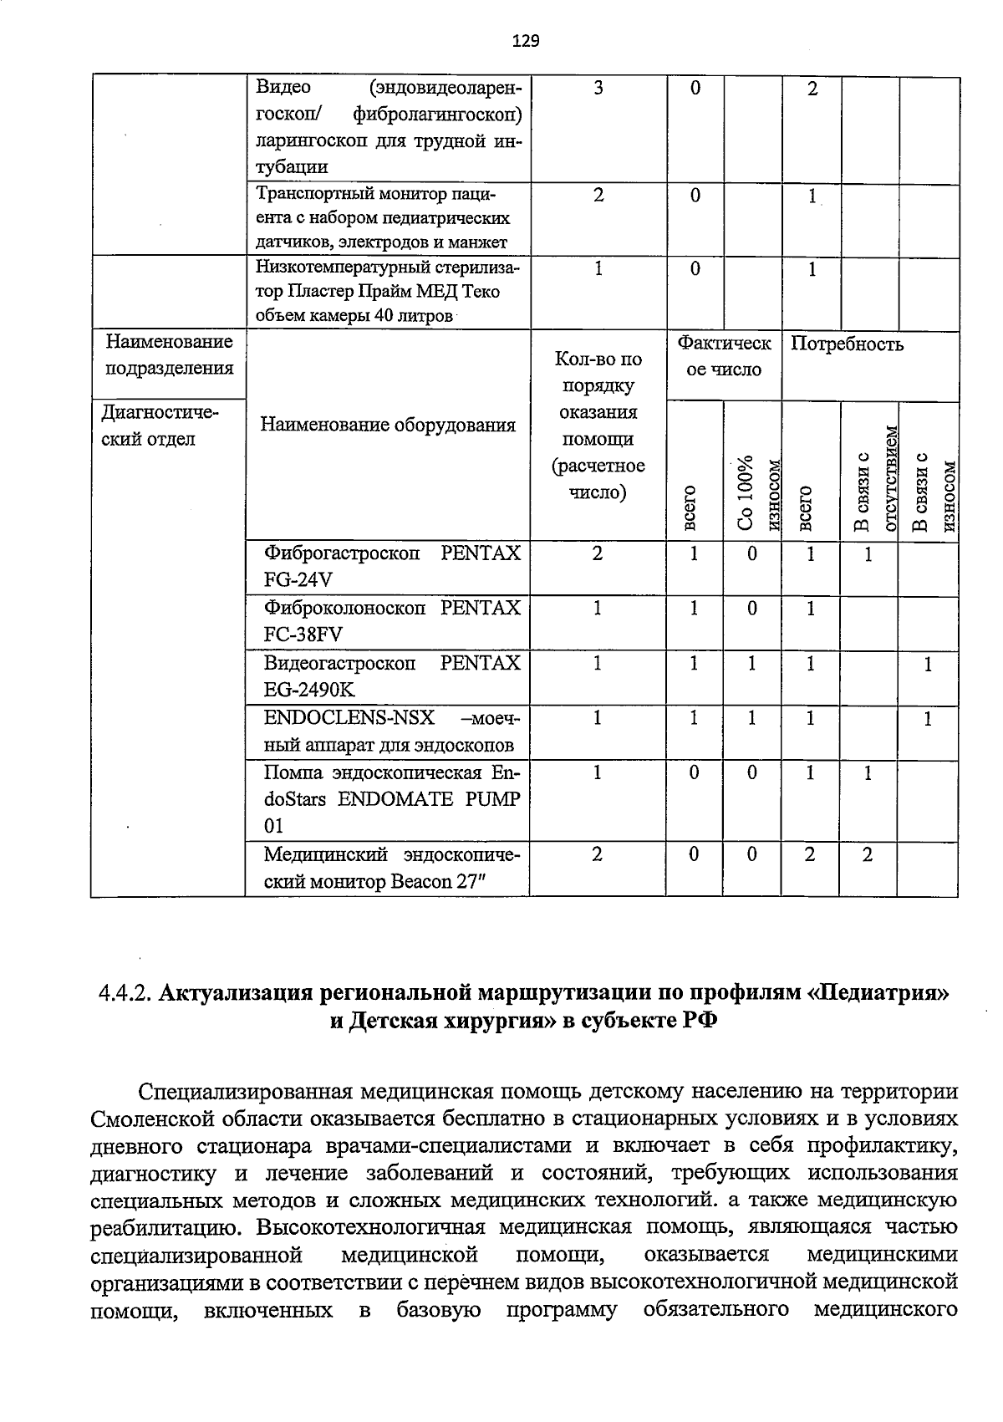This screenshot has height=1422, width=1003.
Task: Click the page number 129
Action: pos(527,40)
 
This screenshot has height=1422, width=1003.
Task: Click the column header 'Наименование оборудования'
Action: pos(388,425)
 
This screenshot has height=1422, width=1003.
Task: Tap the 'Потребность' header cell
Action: pos(848,344)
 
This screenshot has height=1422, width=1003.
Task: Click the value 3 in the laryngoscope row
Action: pos(598,89)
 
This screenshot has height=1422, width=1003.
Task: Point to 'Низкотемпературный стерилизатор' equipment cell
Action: pos(388,291)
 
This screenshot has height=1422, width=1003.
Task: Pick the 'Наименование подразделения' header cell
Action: pos(168,354)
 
